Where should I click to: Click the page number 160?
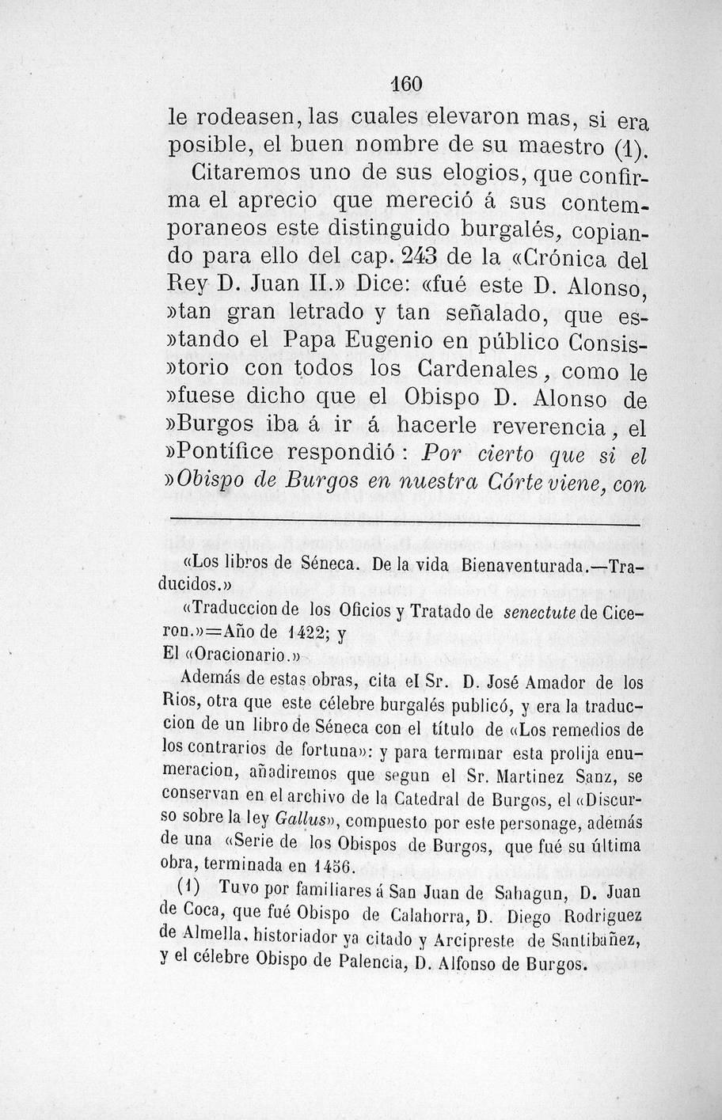click(x=408, y=83)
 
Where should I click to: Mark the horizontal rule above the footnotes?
click(x=404, y=522)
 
